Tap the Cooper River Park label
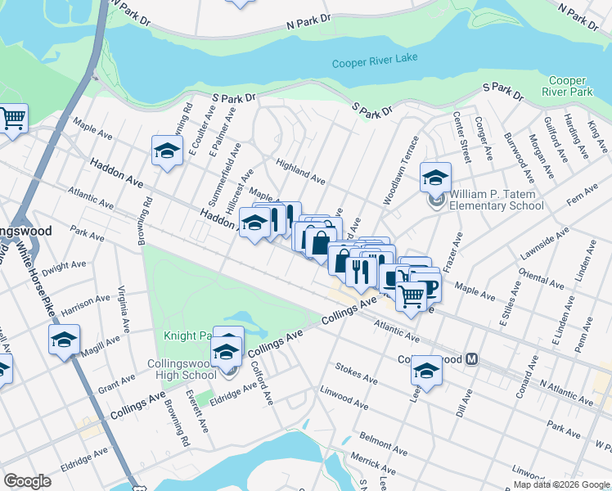tap(570, 86)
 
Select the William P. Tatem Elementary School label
tap(496, 200)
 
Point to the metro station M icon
tap(471, 359)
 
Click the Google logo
tap(27, 481)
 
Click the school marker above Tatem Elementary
tap(436, 178)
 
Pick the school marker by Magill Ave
tap(64, 340)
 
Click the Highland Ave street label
tap(301, 170)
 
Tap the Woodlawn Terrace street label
tap(400, 170)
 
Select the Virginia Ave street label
tap(124, 309)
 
